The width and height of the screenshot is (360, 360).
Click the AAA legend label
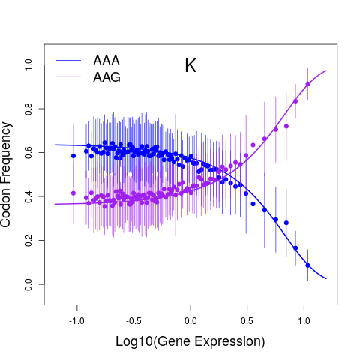(x=106, y=61)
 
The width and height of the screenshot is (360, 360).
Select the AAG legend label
(x=106, y=77)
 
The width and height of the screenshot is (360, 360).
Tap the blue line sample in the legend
(x=68, y=61)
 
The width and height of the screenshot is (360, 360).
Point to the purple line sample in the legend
(x=68, y=76)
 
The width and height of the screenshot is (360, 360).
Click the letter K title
(x=190, y=66)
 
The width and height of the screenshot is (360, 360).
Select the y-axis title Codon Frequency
(x=5, y=175)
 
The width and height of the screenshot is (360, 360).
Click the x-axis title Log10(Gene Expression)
(x=190, y=341)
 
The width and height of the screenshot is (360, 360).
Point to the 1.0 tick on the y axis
(x=28, y=64)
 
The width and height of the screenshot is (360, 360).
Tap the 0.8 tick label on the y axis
(x=28, y=109)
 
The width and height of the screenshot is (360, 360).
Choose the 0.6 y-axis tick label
(x=28, y=152)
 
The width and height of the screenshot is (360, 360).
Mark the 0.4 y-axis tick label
(x=28, y=196)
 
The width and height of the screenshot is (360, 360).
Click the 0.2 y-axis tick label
(x=28, y=240)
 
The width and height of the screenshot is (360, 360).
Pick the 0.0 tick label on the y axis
(x=28, y=284)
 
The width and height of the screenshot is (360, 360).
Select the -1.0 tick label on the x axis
(x=76, y=321)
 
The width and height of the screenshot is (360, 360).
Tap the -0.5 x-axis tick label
(x=133, y=321)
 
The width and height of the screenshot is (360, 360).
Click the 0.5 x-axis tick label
(x=247, y=321)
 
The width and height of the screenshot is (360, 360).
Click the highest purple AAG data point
(x=307, y=84)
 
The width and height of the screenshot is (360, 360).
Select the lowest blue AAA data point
(x=307, y=265)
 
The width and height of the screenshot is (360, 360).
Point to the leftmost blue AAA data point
(x=73, y=156)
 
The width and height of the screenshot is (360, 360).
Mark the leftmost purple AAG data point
(x=73, y=193)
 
